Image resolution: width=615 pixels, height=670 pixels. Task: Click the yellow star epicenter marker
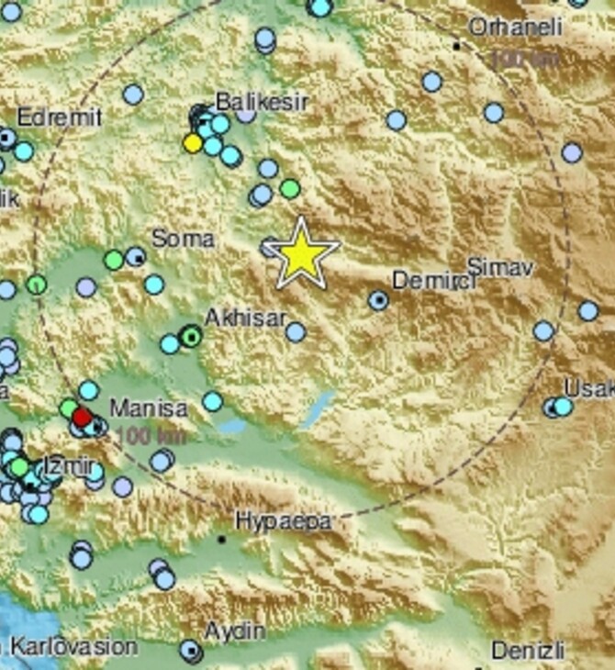(302, 254)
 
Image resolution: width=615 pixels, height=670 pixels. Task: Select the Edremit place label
(60, 117)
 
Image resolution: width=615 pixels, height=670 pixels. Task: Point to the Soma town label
(183, 239)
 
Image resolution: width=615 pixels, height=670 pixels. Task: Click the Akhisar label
(244, 318)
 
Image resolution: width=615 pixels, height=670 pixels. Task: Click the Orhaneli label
(515, 28)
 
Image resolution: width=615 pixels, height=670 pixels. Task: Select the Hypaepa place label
(281, 521)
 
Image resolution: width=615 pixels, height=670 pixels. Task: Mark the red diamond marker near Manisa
(82, 419)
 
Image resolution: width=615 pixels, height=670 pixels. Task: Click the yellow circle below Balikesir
(193, 142)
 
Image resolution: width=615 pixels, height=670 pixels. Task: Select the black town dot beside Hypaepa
(221, 540)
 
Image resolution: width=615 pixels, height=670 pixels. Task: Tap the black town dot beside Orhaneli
(456, 44)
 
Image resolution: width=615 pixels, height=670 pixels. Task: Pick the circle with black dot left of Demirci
(378, 299)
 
